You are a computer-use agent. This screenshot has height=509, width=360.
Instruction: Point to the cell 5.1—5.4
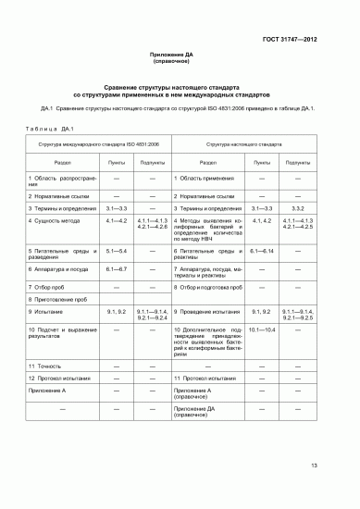116,251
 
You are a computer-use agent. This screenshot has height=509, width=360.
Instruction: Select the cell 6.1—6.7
116,267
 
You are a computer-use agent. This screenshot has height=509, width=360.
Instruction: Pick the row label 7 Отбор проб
51,288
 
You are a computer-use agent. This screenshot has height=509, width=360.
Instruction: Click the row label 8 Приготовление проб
62,301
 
